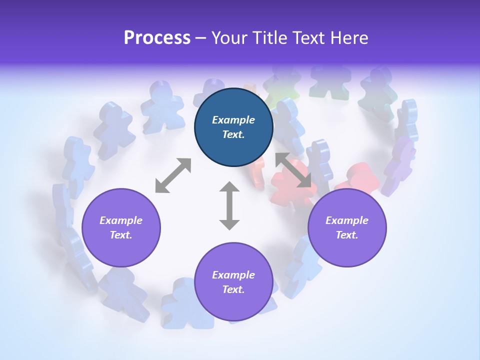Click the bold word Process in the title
pos(157,38)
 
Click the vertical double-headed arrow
pos(229,205)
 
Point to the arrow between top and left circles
pos(173,175)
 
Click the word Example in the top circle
pos(233,120)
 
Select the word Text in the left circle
pos(121,235)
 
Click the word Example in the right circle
pos(347,220)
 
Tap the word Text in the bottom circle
pos(233,289)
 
